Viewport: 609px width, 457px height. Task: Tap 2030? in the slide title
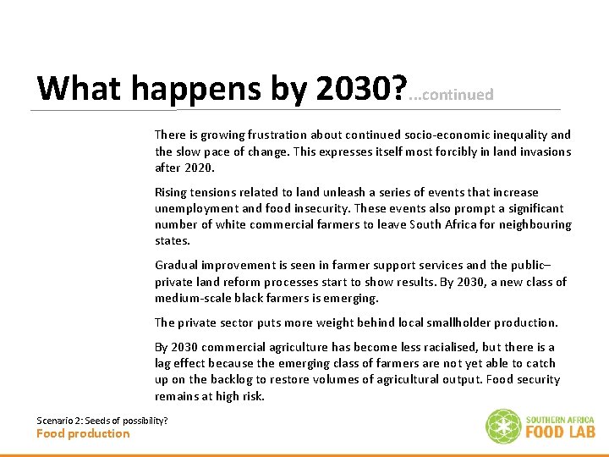(361, 88)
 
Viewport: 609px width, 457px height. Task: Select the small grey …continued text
(451, 95)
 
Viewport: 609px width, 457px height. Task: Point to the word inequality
(518, 135)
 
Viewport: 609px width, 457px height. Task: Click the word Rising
(173, 192)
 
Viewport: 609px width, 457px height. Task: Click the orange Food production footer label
(83, 433)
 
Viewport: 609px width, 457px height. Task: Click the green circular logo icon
(502, 427)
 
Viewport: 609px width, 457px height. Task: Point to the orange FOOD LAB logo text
(560, 432)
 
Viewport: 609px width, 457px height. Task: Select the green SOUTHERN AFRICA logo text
(560, 419)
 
